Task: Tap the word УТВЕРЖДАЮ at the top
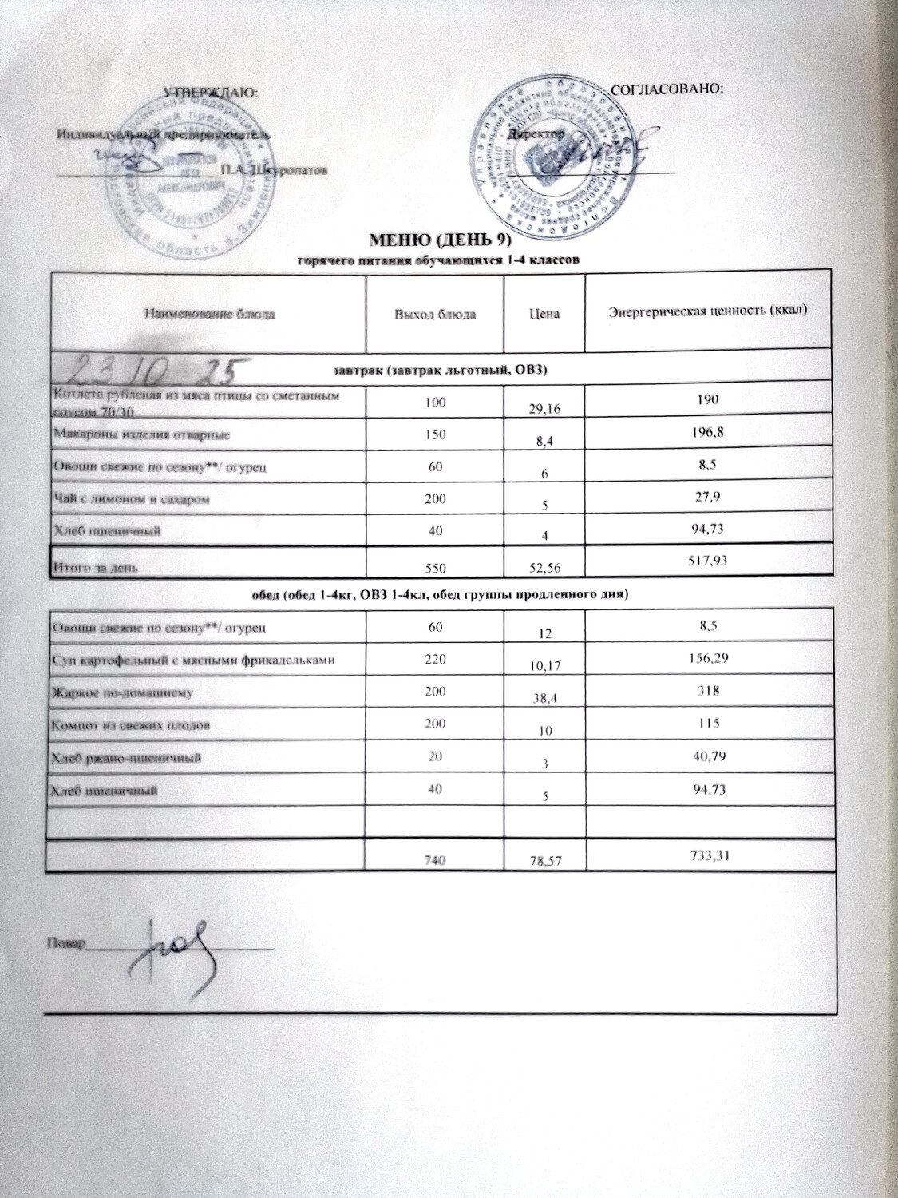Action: pos(211,93)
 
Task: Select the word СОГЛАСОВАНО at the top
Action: pos(666,88)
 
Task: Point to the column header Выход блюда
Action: pos(435,314)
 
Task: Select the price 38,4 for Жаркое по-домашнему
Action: pos(544,696)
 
